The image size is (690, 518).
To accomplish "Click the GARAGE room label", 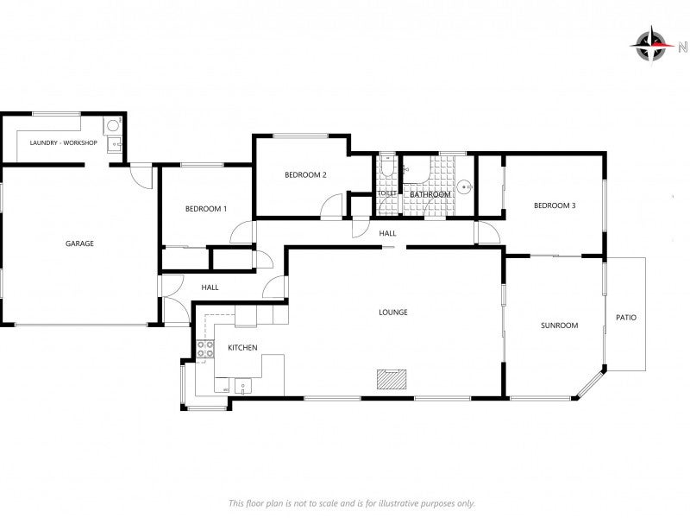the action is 79,243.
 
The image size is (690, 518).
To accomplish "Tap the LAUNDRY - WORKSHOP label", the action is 63,142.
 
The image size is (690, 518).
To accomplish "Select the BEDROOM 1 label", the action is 206,209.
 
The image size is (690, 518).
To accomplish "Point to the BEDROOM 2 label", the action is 305,175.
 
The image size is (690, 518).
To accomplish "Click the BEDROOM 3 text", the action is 555,205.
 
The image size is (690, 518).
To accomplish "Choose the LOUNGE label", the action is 393,313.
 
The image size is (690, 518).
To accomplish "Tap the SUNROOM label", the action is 559,325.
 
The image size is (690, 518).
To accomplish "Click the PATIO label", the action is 626,318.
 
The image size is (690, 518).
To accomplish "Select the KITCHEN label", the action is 242,348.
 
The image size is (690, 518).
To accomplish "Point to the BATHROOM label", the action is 430,194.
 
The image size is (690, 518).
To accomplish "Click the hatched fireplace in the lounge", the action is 392,379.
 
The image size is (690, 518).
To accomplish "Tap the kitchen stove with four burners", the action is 205,350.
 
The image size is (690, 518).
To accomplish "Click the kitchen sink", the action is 242,386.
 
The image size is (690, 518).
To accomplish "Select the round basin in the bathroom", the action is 464,187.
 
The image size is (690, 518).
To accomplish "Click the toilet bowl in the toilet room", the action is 387,167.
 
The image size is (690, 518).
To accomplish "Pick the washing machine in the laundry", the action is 113,126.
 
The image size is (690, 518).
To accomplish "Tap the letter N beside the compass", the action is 683,47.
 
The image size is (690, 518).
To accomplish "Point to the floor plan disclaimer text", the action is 352,503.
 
